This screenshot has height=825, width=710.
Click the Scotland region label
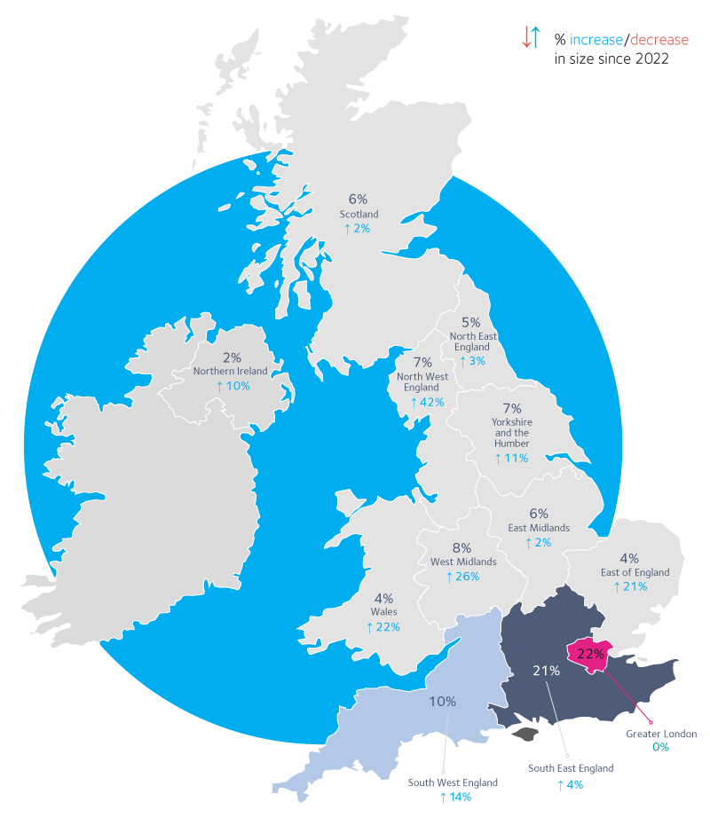click(359, 215)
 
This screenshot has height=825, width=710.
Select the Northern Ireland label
click(231, 371)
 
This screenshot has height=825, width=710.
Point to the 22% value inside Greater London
click(591, 654)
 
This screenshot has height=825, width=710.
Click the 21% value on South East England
click(546, 671)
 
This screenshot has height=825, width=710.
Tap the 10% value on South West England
click(443, 702)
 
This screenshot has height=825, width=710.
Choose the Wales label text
click(383, 612)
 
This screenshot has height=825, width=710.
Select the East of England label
click(635, 573)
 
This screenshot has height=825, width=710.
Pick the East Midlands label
click(539, 528)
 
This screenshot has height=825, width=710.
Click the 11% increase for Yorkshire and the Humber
click(511, 459)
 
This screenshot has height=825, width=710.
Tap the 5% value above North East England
click(470, 323)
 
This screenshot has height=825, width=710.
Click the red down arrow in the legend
click(525, 37)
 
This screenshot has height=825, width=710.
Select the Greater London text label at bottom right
click(661, 734)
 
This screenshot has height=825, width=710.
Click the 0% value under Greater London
click(661, 748)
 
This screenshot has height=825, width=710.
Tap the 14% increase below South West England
click(454, 797)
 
